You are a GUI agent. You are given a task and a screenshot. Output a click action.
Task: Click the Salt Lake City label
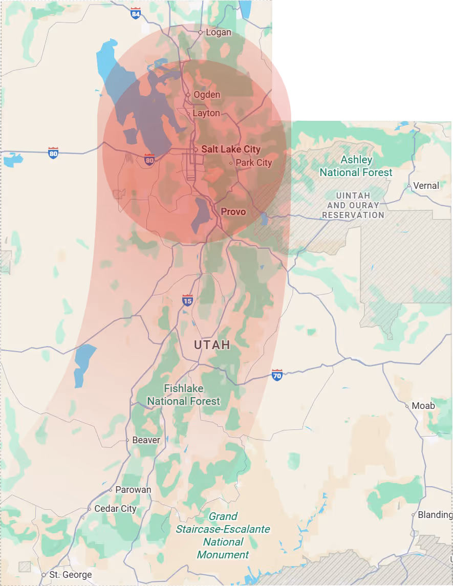click(230, 149)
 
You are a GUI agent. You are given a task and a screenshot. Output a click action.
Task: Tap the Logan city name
click(218, 32)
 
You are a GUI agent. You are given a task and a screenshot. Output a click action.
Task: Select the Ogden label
click(207, 95)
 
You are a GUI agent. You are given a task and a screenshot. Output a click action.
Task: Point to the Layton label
click(206, 113)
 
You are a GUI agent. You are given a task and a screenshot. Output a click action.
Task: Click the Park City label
click(253, 163)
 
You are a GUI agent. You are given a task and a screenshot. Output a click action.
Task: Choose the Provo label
click(233, 211)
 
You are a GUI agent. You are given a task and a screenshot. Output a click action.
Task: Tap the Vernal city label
click(426, 185)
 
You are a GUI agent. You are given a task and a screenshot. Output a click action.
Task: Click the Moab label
click(423, 406)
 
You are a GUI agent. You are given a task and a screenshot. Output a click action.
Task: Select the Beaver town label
click(146, 440)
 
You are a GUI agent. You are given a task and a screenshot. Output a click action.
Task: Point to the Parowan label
click(133, 490)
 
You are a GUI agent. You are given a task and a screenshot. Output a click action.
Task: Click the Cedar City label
click(115, 509)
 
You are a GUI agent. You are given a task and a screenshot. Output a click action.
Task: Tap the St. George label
click(71, 575)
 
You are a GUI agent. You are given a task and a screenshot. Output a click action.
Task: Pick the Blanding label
click(435, 515)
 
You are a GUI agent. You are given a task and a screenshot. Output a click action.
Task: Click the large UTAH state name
click(212, 345)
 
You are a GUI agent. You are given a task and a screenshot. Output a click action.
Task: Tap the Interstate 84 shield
click(135, 14)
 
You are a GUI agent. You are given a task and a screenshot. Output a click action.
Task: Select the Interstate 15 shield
click(187, 300)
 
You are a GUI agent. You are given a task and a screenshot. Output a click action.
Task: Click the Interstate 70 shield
click(277, 375)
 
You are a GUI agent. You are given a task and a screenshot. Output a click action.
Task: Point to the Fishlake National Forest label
click(184, 395)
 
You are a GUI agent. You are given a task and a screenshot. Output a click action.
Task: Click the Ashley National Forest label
click(356, 166)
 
